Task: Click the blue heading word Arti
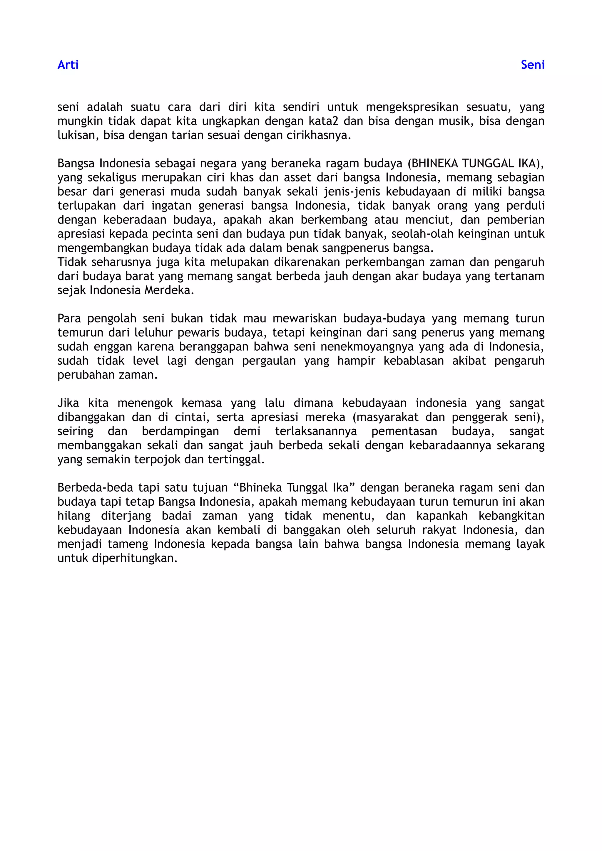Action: tap(68, 65)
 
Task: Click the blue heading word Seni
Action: tap(532, 65)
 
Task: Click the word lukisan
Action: tap(78, 135)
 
